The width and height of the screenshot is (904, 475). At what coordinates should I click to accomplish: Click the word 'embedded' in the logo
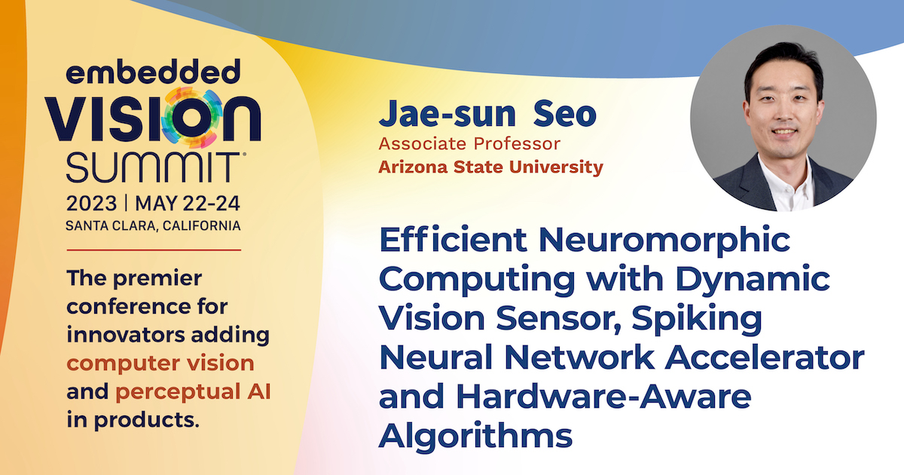(154, 72)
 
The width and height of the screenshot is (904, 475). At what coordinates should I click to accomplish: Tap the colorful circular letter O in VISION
(191, 118)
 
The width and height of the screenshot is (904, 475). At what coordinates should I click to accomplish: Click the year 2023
(92, 204)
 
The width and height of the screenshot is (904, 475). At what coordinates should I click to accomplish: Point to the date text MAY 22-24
(188, 204)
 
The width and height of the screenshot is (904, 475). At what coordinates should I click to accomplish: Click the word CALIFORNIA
(202, 225)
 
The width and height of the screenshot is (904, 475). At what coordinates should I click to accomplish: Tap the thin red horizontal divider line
(154, 250)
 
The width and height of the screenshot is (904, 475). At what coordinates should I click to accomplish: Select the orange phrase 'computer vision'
(160, 363)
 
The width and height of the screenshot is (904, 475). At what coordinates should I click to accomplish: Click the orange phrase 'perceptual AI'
(194, 392)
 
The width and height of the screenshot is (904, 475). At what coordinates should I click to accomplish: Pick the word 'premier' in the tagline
(157, 279)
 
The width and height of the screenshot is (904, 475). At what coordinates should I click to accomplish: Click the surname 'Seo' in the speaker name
(565, 115)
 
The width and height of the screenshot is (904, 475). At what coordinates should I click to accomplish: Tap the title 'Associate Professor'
(469, 144)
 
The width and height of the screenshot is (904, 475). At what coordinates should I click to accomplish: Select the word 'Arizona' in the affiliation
(413, 167)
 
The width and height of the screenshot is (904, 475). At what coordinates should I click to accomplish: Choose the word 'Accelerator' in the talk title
(765, 357)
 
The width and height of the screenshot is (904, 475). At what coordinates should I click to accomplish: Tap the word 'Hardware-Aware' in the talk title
(603, 397)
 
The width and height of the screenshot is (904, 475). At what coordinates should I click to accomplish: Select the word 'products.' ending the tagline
(147, 421)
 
